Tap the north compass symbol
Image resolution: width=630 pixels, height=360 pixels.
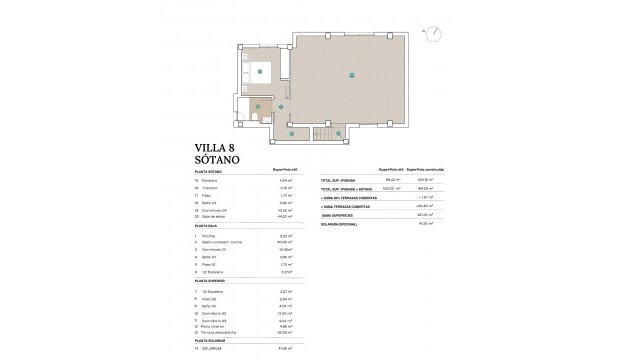432,31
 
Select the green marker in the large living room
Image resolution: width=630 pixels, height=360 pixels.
351,73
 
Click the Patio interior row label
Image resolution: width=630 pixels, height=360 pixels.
216,324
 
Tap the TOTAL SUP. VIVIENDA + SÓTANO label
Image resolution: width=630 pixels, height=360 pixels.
345,188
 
